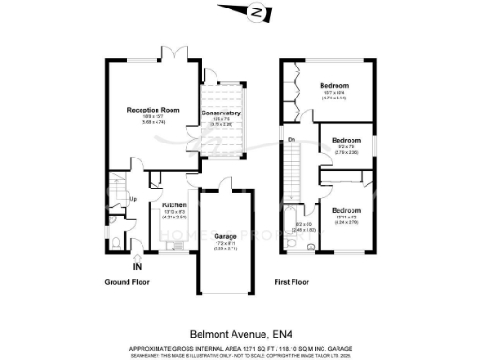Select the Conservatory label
pos(221,113)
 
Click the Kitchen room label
pos(174,204)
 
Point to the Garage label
pos(225,236)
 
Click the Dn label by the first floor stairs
pos(292,141)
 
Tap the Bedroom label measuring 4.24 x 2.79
pos(346,210)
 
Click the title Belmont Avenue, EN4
pos(240,332)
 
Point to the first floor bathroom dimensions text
pos(306,226)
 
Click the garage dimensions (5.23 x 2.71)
pos(225,247)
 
